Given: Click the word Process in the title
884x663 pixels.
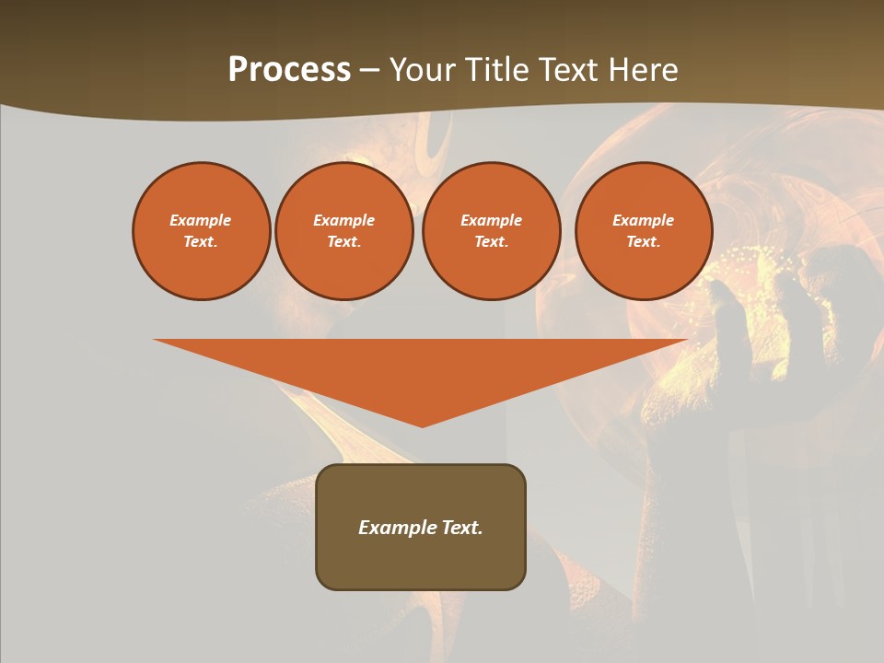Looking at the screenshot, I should point(289,70).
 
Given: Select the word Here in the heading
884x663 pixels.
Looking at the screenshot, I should point(645,70).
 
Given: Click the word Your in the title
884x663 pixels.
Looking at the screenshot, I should point(422,70).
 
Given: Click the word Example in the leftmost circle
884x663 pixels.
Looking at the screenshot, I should point(201,220).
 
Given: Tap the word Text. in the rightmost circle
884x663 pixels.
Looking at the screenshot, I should point(643,241).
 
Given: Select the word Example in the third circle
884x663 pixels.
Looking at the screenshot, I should point(491,220).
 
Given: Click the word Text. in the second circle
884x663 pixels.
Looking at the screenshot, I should point(343,241).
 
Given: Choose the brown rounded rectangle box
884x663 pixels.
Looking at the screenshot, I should point(421,562).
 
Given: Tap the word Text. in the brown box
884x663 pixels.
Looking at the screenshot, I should point(462,528).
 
